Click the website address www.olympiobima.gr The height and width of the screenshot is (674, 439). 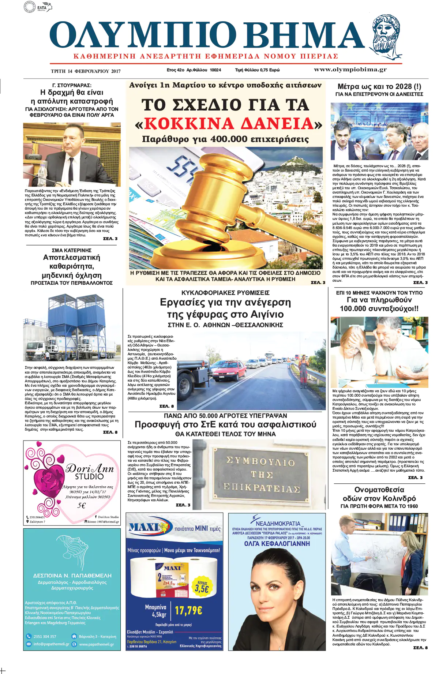click(x=350, y=70)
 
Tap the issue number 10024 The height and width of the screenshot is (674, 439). click(x=215, y=70)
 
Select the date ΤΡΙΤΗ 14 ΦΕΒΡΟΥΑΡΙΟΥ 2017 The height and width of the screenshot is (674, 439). click(x=86, y=71)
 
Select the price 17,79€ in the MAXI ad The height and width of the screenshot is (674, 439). click(x=188, y=610)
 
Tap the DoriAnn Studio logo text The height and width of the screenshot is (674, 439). click(x=90, y=472)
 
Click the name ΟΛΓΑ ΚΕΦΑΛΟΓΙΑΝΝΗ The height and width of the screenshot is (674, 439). click(x=277, y=543)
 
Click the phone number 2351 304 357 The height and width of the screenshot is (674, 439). click(x=45, y=636)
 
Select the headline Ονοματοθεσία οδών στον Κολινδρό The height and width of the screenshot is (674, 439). click(x=379, y=494)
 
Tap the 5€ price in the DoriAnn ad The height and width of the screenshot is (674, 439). click(x=82, y=505)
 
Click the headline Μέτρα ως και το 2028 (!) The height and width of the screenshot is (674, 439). click(x=379, y=87)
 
